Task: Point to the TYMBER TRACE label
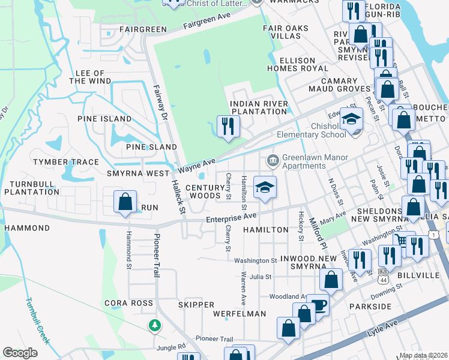(x=66, y=162)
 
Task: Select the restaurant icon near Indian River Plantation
(x=228, y=126)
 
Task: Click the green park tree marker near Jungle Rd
(x=155, y=325)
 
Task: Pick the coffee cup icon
(x=319, y=304)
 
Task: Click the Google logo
(x=20, y=353)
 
